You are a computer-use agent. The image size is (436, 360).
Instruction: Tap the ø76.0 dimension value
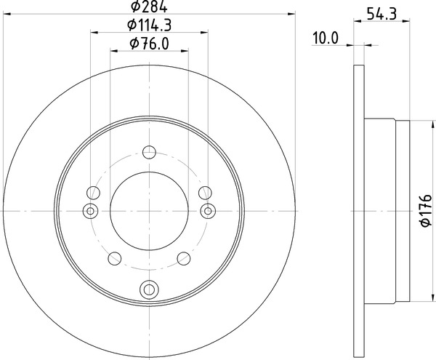click(x=150, y=44)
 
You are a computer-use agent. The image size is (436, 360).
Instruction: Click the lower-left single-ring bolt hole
click(x=114, y=258)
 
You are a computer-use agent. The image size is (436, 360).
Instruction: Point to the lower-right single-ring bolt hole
click(x=185, y=258)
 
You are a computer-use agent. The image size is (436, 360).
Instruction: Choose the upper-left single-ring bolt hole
click(x=92, y=193)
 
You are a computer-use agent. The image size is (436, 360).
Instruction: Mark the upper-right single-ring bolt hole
click(x=206, y=193)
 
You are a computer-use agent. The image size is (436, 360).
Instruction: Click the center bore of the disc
click(x=150, y=211)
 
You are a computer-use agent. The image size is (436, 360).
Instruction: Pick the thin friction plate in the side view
click(x=358, y=211)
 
